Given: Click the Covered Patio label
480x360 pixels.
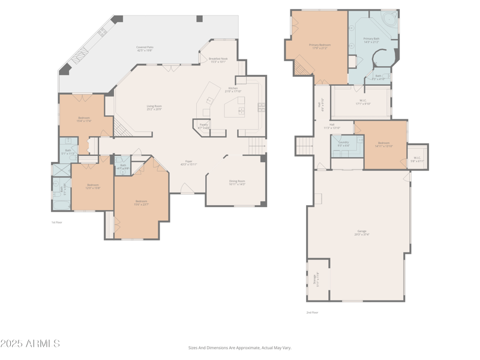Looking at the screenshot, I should [x=145, y=48].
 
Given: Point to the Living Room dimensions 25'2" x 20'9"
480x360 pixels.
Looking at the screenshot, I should [x=154, y=109].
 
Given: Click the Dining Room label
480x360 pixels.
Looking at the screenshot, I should [x=237, y=182].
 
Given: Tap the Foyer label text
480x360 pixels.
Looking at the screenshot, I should [x=188, y=162].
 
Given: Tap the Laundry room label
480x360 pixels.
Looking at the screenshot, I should [x=343, y=143].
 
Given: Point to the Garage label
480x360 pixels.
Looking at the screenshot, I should [x=362, y=232].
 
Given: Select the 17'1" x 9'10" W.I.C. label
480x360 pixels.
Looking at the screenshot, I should [x=363, y=102].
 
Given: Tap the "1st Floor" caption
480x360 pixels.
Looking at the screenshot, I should [x=56, y=222].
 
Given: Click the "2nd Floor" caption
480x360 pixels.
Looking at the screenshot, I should [x=312, y=312].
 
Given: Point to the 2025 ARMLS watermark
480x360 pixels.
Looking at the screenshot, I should [x=30, y=344].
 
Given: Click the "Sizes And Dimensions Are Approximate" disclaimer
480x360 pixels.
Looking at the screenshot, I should [x=240, y=347].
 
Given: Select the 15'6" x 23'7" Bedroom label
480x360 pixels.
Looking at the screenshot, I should [x=141, y=202].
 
